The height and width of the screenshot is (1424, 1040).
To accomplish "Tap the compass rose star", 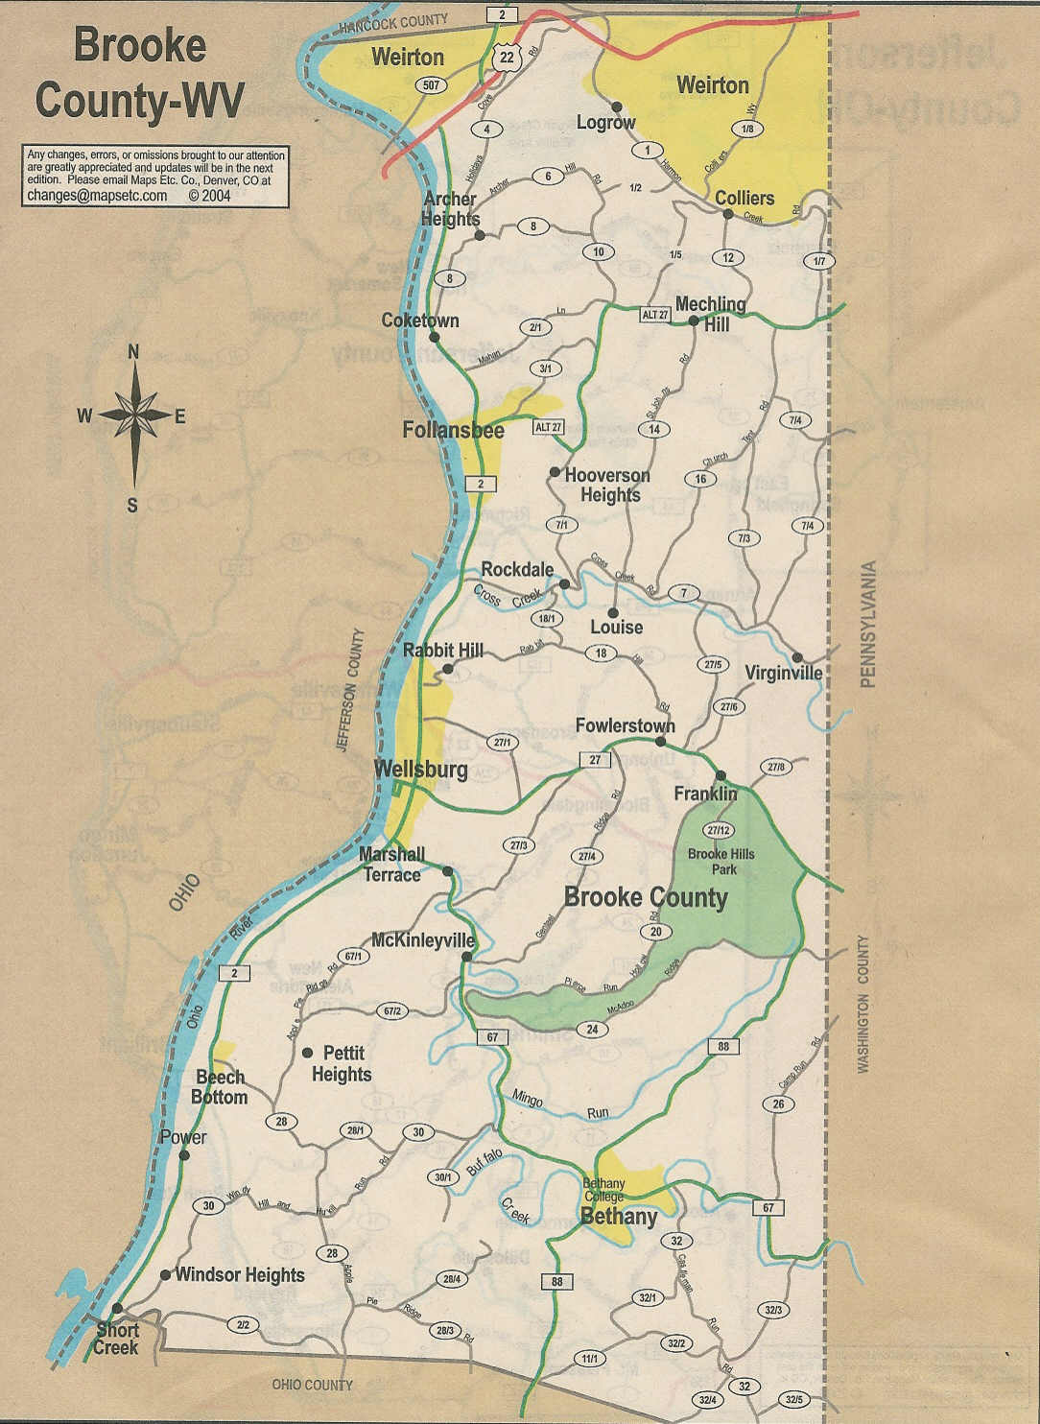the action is click(x=134, y=415).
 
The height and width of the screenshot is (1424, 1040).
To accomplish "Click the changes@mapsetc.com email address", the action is click(x=97, y=195).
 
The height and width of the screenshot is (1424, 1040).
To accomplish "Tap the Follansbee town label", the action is click(x=453, y=430).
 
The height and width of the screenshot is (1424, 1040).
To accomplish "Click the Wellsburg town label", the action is click(x=420, y=770).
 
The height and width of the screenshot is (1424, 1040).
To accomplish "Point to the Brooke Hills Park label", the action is click(x=721, y=861).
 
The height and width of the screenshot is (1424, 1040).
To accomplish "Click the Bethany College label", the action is click(x=603, y=1190).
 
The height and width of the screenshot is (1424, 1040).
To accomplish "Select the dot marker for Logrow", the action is click(x=617, y=107).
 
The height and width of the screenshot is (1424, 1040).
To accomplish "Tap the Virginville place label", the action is click(x=783, y=673).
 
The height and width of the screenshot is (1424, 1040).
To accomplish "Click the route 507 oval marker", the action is click(x=431, y=85).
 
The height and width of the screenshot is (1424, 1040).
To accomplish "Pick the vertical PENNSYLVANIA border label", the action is click(x=868, y=624).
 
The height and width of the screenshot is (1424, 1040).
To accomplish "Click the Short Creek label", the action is click(x=117, y=1338).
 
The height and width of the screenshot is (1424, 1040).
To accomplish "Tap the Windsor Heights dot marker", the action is click(x=165, y=1275).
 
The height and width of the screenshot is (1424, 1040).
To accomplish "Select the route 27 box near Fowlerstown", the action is click(x=595, y=760).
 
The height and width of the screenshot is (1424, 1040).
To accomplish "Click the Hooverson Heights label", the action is click(x=607, y=485).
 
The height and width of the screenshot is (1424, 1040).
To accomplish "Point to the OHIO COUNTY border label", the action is click(x=312, y=1385).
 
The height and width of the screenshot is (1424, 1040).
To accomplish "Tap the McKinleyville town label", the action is click(x=423, y=939).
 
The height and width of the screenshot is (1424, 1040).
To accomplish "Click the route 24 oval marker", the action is click(x=592, y=1030).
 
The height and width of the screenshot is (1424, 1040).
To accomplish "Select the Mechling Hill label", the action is click(x=711, y=313).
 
